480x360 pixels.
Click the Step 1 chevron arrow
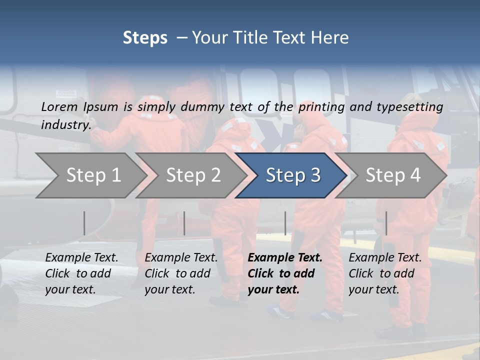point(93,175)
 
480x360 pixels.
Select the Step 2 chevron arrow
point(193,175)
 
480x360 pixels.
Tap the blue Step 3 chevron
point(293,175)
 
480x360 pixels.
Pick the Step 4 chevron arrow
point(393,175)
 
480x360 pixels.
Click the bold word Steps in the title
point(145,38)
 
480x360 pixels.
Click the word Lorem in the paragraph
point(59,106)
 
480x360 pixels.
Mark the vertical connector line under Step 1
point(84,223)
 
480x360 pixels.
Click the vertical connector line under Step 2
point(184,223)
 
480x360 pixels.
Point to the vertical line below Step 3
point(285,223)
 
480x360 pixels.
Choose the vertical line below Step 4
point(386,223)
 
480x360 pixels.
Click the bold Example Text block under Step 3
point(285,273)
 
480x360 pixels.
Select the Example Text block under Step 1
point(81,273)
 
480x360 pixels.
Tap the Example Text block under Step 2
point(181,273)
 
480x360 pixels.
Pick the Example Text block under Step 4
point(385,273)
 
